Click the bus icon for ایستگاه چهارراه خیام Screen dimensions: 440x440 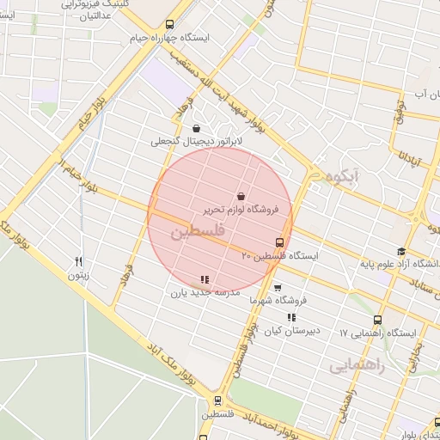click(x=169, y=25)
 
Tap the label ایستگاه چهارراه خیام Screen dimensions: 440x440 click(x=168, y=39)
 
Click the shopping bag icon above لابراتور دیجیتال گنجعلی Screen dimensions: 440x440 click(x=197, y=128)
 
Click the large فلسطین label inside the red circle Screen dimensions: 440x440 click(x=197, y=232)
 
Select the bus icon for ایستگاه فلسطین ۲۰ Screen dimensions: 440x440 click(x=279, y=242)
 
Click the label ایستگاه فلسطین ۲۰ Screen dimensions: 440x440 click(x=279, y=256)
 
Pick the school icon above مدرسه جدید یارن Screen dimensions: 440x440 click(x=204, y=279)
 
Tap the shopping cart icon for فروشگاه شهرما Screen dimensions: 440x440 click(x=277, y=288)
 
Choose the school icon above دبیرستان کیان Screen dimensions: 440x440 click(x=291, y=317)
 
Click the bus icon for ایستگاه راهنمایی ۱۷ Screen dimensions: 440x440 click(x=377, y=320)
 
